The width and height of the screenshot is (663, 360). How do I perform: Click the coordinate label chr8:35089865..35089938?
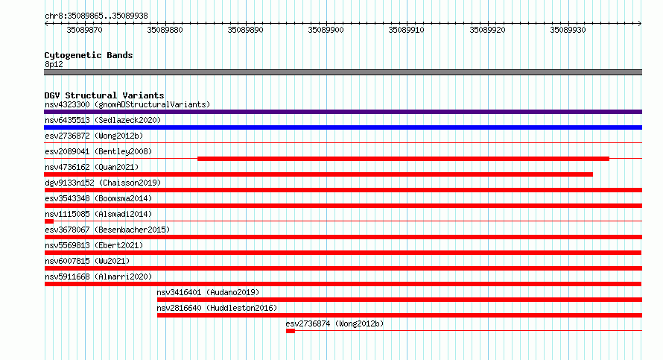coord(96,16)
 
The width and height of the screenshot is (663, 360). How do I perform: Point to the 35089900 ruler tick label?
coord(326,30)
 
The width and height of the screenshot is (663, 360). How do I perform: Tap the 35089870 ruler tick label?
coord(85,30)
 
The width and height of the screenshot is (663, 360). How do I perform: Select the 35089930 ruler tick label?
coord(568,30)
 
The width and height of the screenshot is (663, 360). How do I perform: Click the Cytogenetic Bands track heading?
coord(89,55)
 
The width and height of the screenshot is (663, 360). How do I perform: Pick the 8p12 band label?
coord(54,64)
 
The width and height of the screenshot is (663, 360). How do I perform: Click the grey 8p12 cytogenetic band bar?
coord(343,72)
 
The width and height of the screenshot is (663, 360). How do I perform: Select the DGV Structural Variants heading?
coord(104,95)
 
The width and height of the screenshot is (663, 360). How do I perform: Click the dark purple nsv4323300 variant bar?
coord(343,112)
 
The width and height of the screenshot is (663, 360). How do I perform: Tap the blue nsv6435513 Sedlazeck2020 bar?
coord(343,127)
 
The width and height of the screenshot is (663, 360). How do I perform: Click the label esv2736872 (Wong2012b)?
coord(94,136)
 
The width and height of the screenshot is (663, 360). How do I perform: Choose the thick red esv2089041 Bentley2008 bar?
coord(403,159)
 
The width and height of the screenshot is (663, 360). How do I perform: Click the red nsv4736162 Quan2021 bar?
coord(318,174)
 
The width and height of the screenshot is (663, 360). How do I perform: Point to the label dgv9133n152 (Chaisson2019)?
coord(103,183)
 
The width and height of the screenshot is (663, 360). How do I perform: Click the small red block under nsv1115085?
coord(49,221)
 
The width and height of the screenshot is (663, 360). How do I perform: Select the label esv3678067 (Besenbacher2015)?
coord(107,230)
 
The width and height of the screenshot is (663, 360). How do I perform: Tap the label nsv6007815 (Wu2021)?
coord(87,261)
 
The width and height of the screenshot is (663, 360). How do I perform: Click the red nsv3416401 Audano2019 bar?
coord(399,300)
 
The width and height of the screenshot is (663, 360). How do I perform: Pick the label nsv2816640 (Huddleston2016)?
coord(217,308)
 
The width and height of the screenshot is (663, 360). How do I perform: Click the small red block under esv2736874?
coord(291,331)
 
